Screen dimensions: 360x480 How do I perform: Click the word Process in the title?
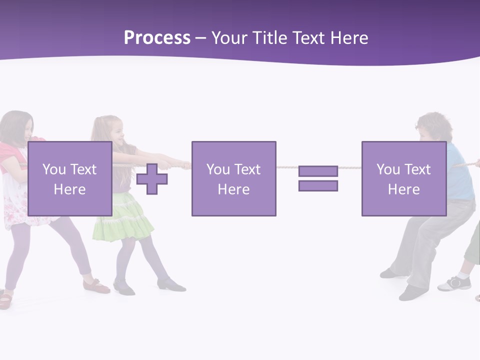(157, 38)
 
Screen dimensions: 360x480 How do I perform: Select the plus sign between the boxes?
(152, 179)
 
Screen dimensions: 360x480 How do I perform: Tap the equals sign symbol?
(318, 178)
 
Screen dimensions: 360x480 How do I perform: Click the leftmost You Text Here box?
(69, 178)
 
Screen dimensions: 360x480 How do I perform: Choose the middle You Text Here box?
(233, 178)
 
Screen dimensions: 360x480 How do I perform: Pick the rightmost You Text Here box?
(403, 178)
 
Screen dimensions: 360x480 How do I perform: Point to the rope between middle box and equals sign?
(287, 167)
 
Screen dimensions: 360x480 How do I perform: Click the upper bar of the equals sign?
(318, 171)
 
